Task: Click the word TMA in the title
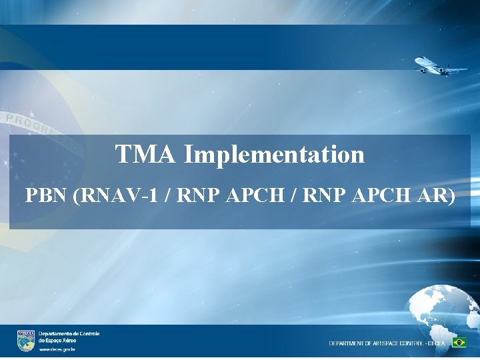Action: pos(146,155)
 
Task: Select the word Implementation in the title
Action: pos(275,155)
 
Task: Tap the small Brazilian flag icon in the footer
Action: pos(459,342)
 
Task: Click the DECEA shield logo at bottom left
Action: pos(26,340)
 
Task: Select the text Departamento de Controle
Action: pos(69,333)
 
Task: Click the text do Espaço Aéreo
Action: pos(57,340)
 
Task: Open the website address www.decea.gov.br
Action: pos(57,349)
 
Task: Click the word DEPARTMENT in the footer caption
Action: pos(347,343)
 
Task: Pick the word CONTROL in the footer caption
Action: pos(417,343)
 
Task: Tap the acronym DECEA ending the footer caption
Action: pos(441,343)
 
